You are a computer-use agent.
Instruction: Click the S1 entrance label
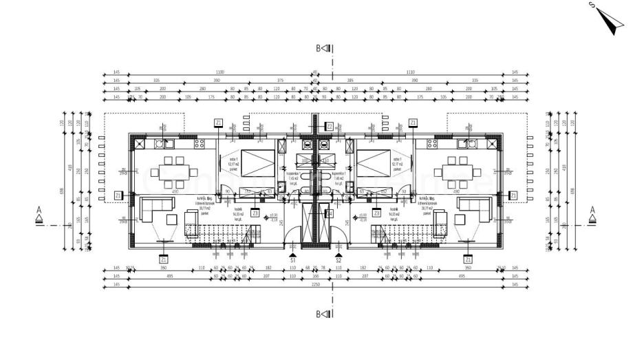(292, 261)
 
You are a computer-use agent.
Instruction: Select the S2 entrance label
(339, 261)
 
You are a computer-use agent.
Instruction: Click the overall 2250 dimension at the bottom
(316, 284)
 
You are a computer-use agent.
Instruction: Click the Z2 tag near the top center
(330, 126)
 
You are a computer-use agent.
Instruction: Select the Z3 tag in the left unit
(255, 214)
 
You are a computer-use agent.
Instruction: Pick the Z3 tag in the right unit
(376, 214)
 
